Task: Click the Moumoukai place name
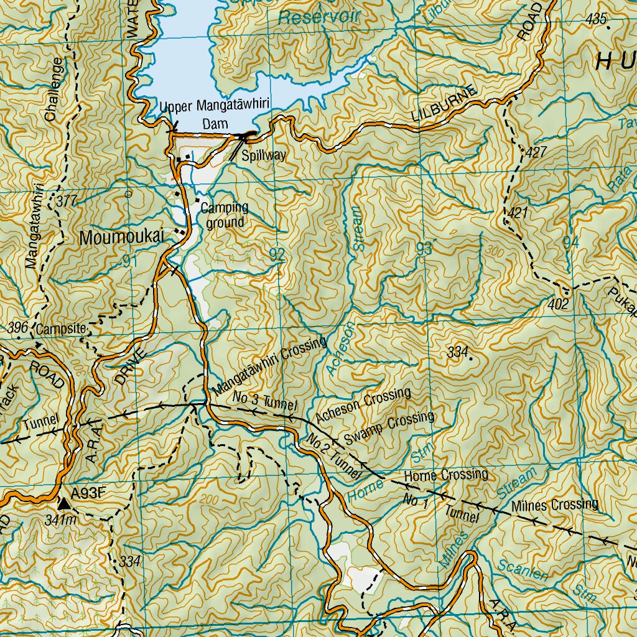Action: pos(121,237)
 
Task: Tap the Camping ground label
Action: pos(225,215)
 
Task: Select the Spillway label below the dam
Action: pos(264,156)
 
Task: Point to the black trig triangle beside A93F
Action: pos(64,502)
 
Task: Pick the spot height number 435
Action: pos(596,19)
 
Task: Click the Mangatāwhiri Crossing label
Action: pos(269,366)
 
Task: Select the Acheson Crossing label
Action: pos(363,405)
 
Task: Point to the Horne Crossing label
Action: pos(445,475)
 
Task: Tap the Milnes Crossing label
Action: pos(556,504)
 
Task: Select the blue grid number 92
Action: pos(277,253)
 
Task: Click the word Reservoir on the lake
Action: pos(319,17)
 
